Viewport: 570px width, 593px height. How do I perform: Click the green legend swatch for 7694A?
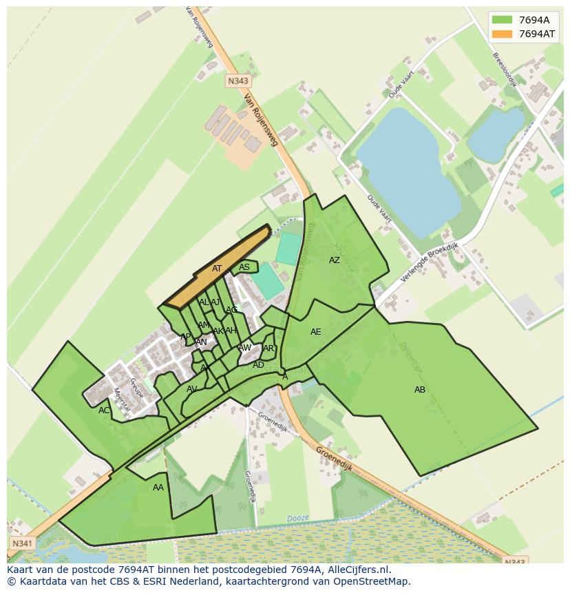pos(503,19)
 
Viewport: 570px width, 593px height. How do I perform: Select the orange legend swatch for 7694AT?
pos(503,34)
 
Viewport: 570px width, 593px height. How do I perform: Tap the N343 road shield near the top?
pos(237,81)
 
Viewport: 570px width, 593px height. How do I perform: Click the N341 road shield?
pos(21,543)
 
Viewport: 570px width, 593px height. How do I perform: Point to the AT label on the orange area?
pos(217,269)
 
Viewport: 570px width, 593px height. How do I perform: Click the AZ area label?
pos(335,260)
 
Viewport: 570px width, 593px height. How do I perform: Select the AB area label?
pos(420,390)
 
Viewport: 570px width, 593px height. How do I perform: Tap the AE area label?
pos(316,332)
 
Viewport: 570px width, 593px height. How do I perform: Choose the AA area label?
pos(158,488)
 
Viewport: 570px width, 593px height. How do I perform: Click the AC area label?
pos(104,410)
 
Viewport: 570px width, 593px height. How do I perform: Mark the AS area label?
pos(244,267)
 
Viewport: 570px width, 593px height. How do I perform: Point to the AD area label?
pos(258,365)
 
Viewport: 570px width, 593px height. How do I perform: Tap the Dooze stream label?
pos(297,518)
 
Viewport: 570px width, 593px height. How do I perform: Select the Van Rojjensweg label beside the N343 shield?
pos(261,120)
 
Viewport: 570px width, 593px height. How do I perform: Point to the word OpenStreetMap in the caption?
pos(372,581)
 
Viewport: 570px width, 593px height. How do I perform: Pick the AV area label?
pos(192,389)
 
